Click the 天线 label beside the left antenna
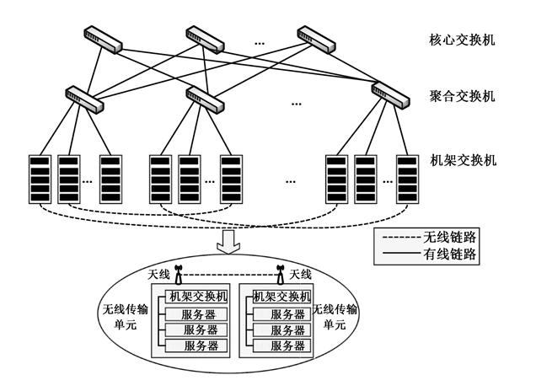[159, 275]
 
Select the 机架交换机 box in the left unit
[198, 297]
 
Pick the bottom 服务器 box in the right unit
[287, 345]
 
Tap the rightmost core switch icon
[315, 36]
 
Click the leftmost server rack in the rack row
[39, 178]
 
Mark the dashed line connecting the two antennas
[229, 276]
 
